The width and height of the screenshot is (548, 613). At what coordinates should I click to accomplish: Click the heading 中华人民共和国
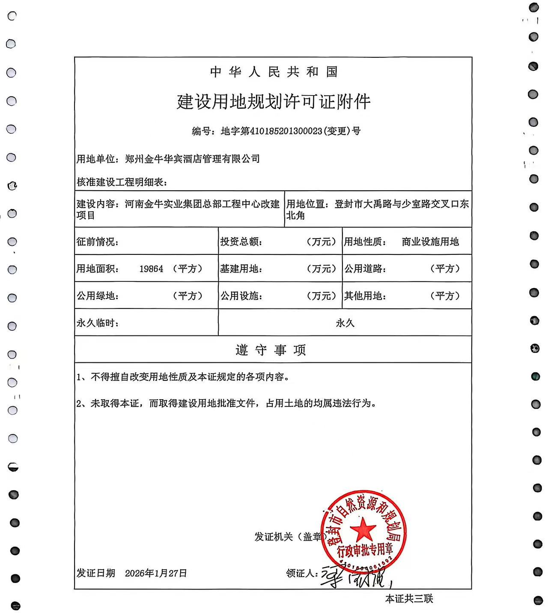(x=274, y=72)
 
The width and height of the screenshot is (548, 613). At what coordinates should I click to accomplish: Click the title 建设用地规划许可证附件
(x=274, y=102)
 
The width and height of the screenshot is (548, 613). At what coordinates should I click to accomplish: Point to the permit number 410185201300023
(x=286, y=131)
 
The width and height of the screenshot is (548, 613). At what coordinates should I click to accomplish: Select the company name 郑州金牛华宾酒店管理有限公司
(x=192, y=159)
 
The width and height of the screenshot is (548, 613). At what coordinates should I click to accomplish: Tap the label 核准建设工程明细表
(x=122, y=182)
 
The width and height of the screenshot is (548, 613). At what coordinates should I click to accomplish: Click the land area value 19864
(x=151, y=269)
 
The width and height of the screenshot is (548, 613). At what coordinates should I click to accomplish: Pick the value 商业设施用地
(x=430, y=242)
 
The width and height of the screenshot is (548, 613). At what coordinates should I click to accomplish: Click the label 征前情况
(x=98, y=242)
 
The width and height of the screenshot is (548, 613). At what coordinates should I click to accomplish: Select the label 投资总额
(x=241, y=242)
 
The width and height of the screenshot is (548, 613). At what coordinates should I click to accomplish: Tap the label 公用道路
(x=365, y=269)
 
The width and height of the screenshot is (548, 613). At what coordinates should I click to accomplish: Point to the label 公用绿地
(x=98, y=296)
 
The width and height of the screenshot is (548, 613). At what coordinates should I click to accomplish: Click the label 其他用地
(x=365, y=296)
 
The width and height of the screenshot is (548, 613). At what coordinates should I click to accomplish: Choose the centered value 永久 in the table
(x=345, y=323)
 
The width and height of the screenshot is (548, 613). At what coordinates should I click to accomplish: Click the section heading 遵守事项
(x=271, y=350)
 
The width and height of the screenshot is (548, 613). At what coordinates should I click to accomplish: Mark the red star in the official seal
(x=363, y=529)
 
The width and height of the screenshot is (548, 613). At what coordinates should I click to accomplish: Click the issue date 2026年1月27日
(x=156, y=573)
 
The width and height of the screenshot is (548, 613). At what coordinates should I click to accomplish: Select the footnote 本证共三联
(x=409, y=599)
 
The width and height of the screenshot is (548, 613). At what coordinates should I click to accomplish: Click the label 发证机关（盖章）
(x=289, y=537)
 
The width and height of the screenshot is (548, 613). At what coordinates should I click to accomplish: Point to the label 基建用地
(x=241, y=269)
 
